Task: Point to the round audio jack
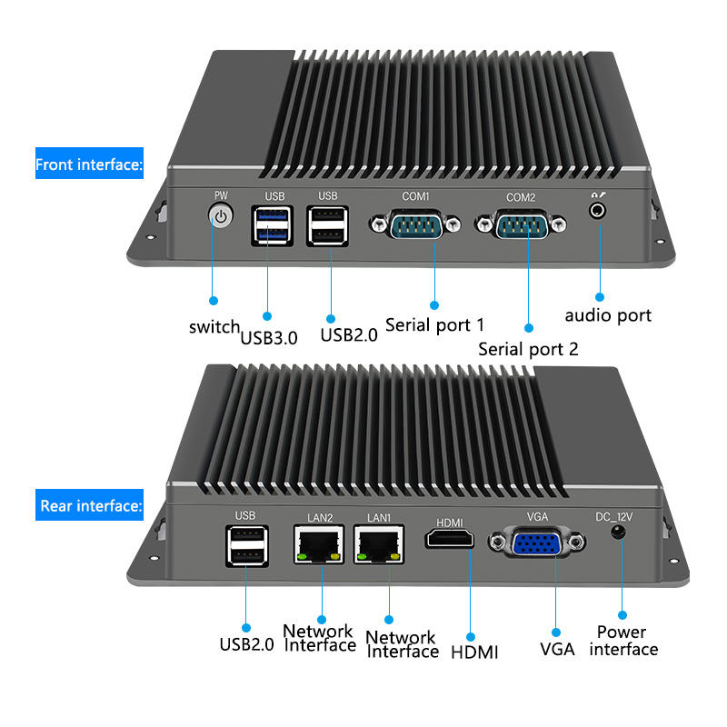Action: (x=598, y=210)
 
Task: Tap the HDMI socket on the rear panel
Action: (x=450, y=538)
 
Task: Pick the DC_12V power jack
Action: (x=621, y=532)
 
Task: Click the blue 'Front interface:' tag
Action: (x=89, y=164)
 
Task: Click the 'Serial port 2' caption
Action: (x=528, y=349)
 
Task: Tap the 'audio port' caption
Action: (x=608, y=315)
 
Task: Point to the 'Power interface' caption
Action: (x=622, y=641)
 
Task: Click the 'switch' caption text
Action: (x=214, y=327)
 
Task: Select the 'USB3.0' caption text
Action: (x=269, y=338)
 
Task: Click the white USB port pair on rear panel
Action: (x=245, y=546)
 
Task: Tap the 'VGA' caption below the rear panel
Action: (x=557, y=650)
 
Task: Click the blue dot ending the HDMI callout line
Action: (x=470, y=634)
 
